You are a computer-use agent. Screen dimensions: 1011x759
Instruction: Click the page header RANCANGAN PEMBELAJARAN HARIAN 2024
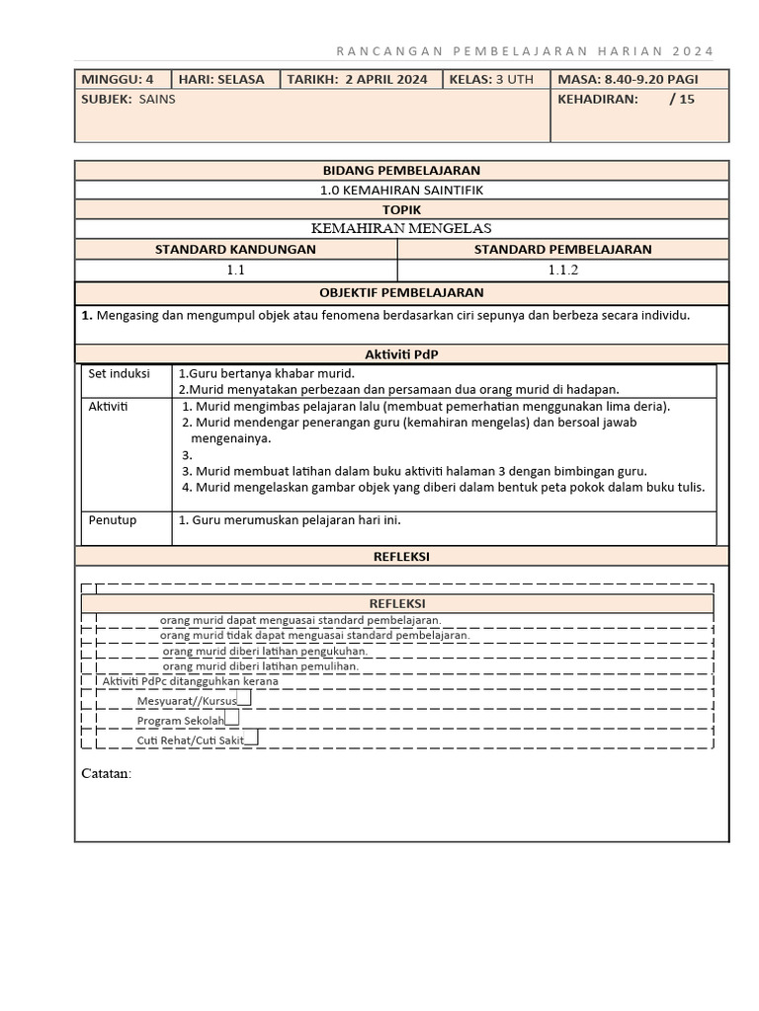point(524,51)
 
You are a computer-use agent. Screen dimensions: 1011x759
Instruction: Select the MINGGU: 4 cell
point(118,79)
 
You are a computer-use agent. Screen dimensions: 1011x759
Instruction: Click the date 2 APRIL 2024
point(380,79)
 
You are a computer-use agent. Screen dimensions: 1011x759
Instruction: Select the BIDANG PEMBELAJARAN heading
point(401,171)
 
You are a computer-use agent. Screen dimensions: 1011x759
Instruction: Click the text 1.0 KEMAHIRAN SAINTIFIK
point(401,190)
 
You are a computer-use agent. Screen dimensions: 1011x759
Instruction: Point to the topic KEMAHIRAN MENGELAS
point(401,228)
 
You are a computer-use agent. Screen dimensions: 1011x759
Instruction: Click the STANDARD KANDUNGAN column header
point(235,249)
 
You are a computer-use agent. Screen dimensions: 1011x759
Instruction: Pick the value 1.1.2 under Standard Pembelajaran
point(562,269)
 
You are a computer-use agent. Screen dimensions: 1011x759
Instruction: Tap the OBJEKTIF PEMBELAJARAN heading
point(401,293)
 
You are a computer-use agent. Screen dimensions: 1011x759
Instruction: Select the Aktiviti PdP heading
point(401,354)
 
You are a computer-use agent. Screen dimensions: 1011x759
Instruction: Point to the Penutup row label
point(113,520)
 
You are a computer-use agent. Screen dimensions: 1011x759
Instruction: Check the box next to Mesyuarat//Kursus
point(244,698)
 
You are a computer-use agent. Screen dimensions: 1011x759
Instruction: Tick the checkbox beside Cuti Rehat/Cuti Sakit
point(251,737)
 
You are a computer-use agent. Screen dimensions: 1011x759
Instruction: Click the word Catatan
point(106,773)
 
